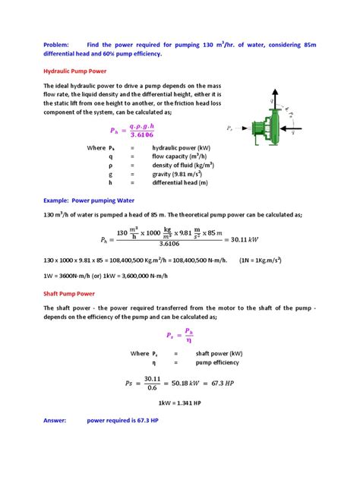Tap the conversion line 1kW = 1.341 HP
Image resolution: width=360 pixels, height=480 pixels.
[179, 402]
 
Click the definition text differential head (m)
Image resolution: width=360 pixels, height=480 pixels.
[182, 182]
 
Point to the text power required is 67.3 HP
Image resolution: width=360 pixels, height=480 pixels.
[122, 420]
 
